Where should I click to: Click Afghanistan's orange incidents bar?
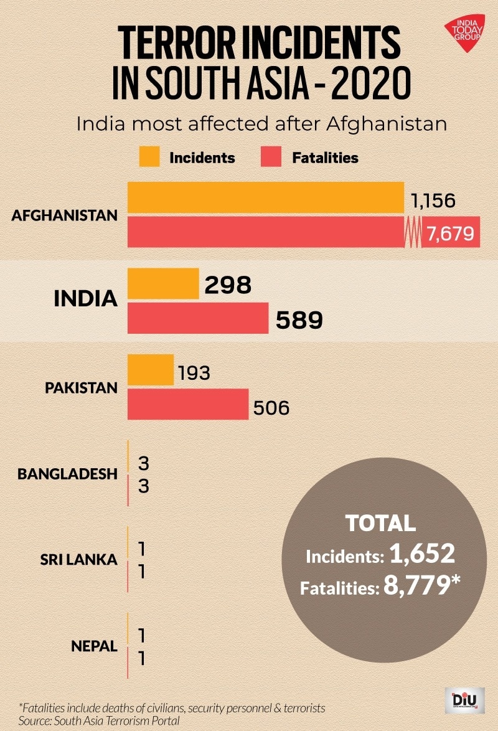click(266, 198)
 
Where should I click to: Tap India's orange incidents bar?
click(163, 284)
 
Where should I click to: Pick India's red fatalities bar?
click(198, 318)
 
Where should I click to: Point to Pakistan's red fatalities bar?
click(188, 404)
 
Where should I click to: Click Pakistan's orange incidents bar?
click(151, 370)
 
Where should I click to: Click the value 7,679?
click(451, 233)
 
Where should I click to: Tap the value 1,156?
click(433, 200)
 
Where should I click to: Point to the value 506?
click(271, 408)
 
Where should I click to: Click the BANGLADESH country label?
click(67, 474)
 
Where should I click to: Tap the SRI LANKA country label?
click(78, 560)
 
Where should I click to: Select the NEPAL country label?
click(93, 646)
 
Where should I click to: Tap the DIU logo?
click(464, 700)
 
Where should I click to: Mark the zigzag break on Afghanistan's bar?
click(413, 232)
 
